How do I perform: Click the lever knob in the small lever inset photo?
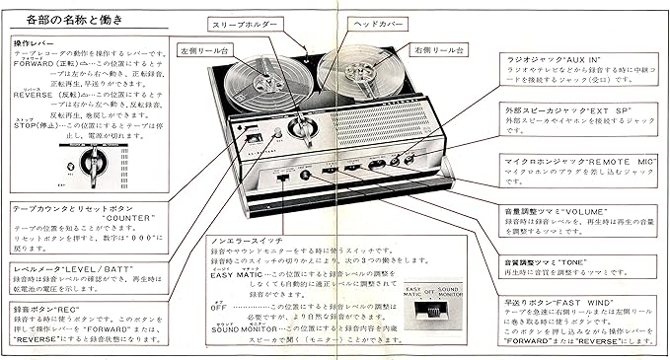[x=94, y=164]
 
